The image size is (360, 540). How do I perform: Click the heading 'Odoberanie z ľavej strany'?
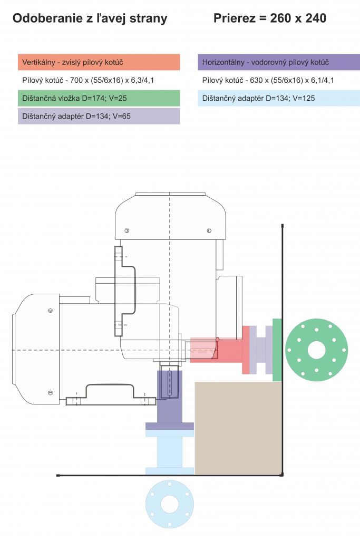pos(90,18)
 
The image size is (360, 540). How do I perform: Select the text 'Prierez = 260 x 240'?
pos(269,18)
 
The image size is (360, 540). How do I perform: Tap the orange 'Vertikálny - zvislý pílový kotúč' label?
pos(99,62)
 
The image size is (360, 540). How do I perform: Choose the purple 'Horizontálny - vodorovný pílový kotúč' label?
pos(279,62)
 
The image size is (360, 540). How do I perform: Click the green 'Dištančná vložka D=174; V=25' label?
pos(99,98)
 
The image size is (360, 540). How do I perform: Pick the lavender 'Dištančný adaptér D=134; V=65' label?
pos(99,116)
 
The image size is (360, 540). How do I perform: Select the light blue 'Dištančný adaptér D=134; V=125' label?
pos(279,98)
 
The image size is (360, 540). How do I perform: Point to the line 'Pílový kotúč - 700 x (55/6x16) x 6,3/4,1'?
pos(88,80)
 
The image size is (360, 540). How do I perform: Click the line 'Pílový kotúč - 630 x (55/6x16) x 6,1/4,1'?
pos(268,80)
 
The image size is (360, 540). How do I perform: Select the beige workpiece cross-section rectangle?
pos(238,428)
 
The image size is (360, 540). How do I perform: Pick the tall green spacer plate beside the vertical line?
pos(277,350)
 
